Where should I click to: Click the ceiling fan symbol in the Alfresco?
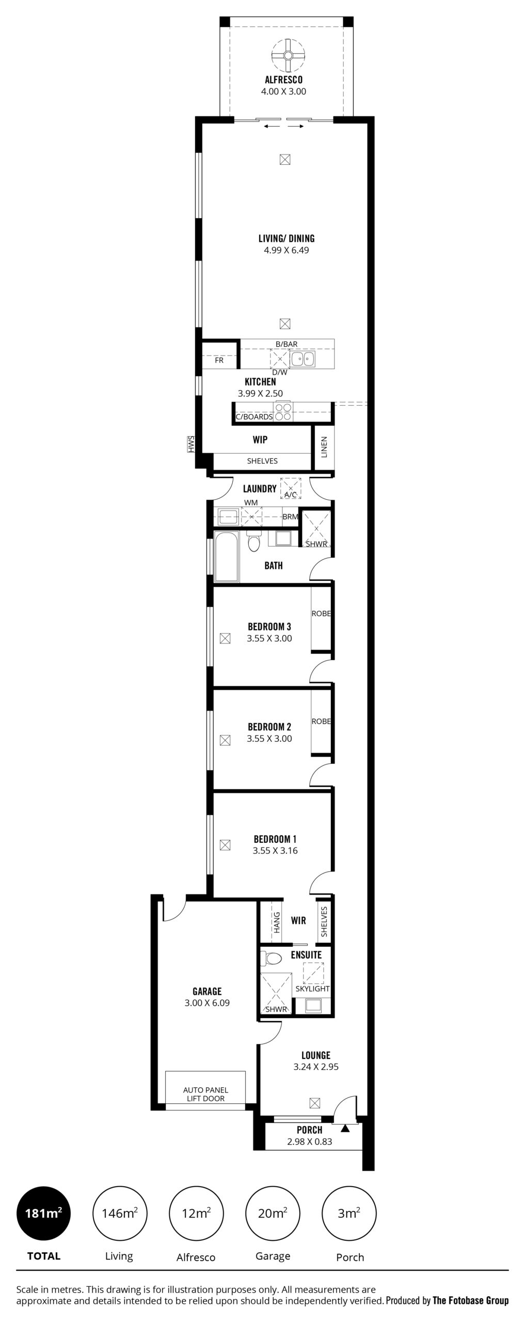[288, 56]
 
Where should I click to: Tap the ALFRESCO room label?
[283, 80]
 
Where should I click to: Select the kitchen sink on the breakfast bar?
[302, 359]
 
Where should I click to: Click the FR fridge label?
[219, 360]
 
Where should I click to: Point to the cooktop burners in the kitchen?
[283, 411]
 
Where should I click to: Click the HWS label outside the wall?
[190, 444]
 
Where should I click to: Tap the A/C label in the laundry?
[291, 495]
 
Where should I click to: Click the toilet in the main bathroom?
[253, 541]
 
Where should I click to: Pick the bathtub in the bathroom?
[227, 556]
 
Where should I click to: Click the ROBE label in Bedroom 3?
[321, 614]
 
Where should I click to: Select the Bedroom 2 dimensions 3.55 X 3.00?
[269, 739]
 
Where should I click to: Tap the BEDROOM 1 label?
[275, 839]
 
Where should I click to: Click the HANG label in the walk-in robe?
[277, 922]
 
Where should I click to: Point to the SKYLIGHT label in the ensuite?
[312, 989]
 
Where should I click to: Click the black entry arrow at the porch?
[345, 1128]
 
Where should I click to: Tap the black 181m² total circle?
[43, 1213]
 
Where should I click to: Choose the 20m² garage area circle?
[273, 1213]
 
